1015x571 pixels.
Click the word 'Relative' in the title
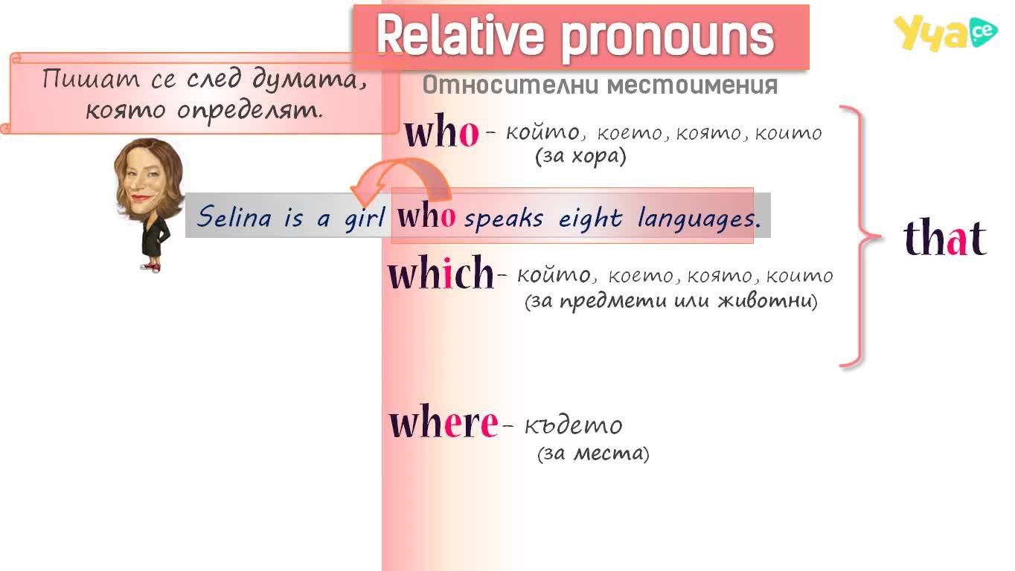(459, 35)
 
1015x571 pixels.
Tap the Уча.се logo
(945, 32)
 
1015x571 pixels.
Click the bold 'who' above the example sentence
(441, 131)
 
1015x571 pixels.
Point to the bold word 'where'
(444, 421)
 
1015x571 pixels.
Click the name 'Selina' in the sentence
(234, 216)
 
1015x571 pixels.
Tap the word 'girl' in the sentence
(365, 218)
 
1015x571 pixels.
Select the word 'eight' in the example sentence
(590, 219)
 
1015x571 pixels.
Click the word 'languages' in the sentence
(699, 219)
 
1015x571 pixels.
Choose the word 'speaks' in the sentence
(503, 219)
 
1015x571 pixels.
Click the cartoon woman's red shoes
(152, 267)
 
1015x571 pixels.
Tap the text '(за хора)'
(580, 157)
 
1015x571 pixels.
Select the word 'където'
(574, 425)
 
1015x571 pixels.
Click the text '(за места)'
(593, 453)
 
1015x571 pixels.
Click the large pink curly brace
(860, 236)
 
